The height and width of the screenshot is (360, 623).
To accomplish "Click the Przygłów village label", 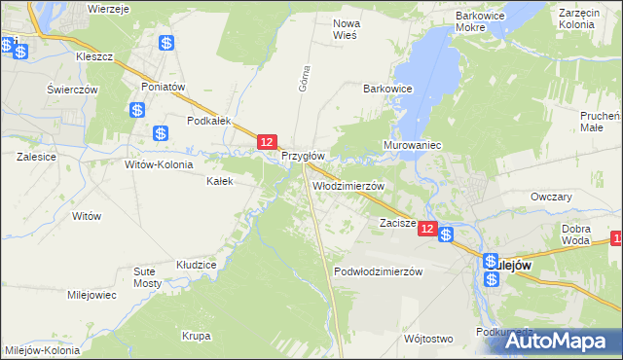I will (303, 156).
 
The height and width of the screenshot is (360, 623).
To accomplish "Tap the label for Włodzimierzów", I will (348, 185).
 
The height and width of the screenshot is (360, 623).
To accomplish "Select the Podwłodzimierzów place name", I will (378, 271).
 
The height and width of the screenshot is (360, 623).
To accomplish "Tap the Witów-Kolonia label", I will (159, 164).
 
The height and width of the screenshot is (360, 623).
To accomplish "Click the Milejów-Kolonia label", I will (42, 349).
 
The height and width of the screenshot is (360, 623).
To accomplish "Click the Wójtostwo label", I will (427, 339).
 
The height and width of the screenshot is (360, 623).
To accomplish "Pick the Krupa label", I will (196, 337).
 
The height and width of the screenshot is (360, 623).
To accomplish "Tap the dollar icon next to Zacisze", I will (446, 234).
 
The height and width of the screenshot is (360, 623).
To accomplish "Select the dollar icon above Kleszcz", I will (166, 43).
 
